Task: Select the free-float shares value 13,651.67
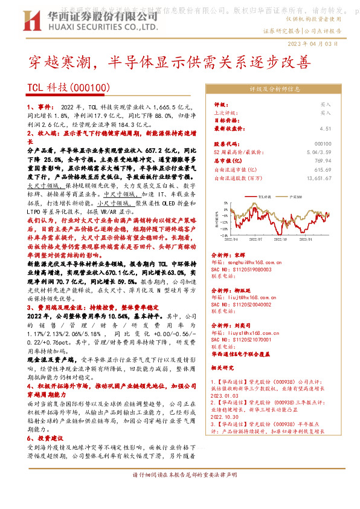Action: tap(318, 178)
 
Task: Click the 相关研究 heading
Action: tap(225, 366)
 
